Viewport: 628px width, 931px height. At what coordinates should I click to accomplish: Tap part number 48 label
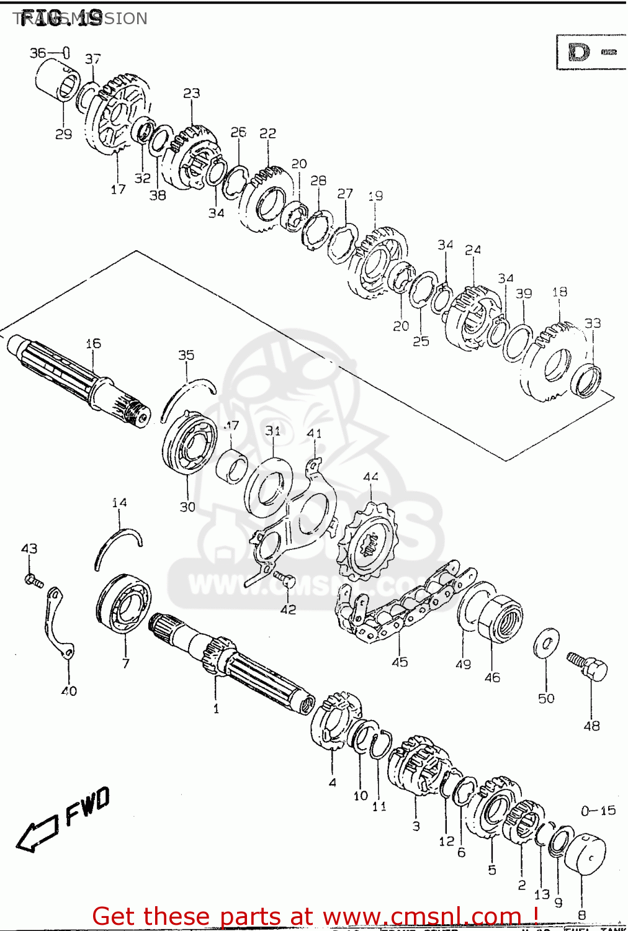pos(591,725)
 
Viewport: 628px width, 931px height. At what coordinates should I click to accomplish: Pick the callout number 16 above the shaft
pos(93,343)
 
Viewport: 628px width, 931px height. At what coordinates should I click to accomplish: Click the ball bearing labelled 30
pos(189,443)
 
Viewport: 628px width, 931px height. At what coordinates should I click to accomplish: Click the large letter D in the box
pos(579,52)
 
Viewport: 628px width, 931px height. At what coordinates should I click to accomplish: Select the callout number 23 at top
pos(191,93)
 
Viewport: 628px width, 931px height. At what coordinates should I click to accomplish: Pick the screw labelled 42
pos(285,580)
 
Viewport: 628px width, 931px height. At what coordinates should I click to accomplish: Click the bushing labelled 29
pos(58,86)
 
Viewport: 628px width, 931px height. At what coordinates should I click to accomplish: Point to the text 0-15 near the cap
pos(598,810)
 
